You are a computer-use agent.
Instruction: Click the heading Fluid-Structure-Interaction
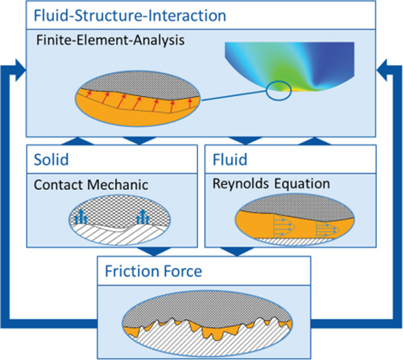pyautogui.click(x=130, y=14)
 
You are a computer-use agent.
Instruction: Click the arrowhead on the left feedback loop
pyautogui.click(x=19, y=68)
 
